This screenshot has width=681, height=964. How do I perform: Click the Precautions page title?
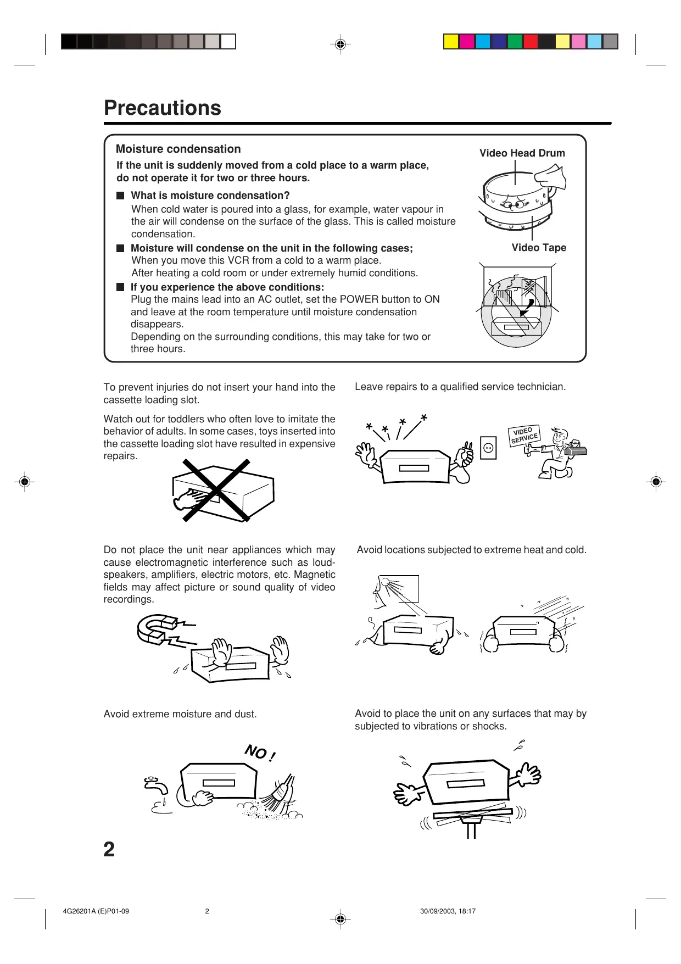point(163,108)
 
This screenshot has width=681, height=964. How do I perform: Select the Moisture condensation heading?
point(178,149)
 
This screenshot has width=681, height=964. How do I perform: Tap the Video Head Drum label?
point(522,153)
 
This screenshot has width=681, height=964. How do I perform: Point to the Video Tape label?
point(539,248)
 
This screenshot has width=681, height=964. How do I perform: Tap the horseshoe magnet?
point(157,628)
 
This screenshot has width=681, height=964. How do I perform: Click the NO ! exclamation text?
point(260,753)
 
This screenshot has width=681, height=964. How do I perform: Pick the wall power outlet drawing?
point(488,448)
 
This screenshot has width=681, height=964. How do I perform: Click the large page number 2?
point(109,849)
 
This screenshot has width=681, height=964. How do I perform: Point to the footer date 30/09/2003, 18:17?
point(448,911)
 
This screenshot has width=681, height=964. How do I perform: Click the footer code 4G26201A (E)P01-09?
point(96,911)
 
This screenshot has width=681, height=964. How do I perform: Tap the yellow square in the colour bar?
point(451,42)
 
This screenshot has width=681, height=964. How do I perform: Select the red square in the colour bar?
point(531,42)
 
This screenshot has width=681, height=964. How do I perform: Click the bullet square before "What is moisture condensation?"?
point(120,196)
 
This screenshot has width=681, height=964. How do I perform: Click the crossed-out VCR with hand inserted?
point(220,491)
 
